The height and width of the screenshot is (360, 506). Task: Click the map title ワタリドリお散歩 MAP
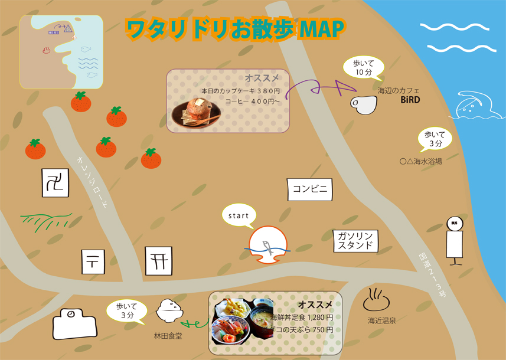pos(236,30)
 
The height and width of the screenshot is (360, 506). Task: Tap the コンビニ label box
pos(310,189)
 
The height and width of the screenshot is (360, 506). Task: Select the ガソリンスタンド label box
pos(355,241)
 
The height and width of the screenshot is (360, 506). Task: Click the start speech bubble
pos(239,217)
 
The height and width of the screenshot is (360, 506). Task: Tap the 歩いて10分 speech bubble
pos(363,68)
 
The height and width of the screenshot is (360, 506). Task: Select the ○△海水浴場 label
pos(420,161)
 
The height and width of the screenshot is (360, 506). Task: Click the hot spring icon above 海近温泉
pos(377,300)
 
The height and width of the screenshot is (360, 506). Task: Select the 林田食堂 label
pos(168,336)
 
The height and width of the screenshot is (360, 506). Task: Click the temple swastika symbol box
pos(56,182)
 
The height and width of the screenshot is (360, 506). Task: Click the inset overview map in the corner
pos(61,52)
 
